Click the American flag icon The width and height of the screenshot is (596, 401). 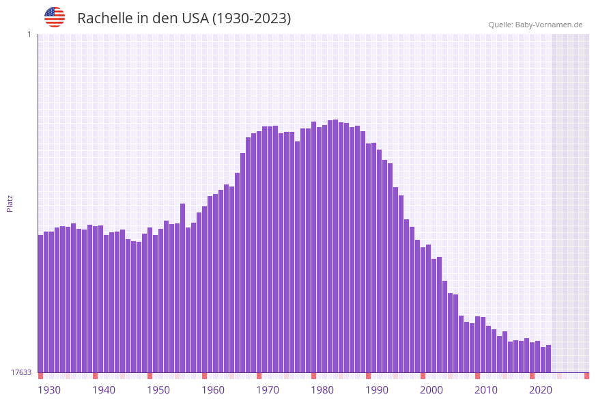coord(55,17)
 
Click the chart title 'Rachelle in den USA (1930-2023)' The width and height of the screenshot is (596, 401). coord(184,18)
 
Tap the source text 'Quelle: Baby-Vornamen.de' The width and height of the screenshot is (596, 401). coord(535,25)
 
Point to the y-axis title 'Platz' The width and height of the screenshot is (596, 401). coord(10,203)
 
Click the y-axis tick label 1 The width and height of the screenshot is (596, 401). coord(29,34)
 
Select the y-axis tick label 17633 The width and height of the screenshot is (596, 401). coord(21,372)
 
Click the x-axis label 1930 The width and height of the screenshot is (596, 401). coord(49,389)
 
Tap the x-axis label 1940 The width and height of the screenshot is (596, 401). coord(104,389)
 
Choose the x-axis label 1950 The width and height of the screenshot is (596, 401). coord(158,389)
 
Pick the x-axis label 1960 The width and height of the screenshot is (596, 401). coord(213,389)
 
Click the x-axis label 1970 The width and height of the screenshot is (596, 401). coord(268,389)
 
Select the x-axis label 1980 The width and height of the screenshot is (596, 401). coord(322,389)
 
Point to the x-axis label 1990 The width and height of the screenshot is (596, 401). coord(377,389)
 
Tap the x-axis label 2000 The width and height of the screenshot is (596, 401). coord(431,389)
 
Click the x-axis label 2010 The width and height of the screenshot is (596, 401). coord(486,389)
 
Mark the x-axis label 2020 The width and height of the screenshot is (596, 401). coord(541,389)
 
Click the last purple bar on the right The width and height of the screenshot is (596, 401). coord(548,359)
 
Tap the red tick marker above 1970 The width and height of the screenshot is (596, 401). coord(259,376)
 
